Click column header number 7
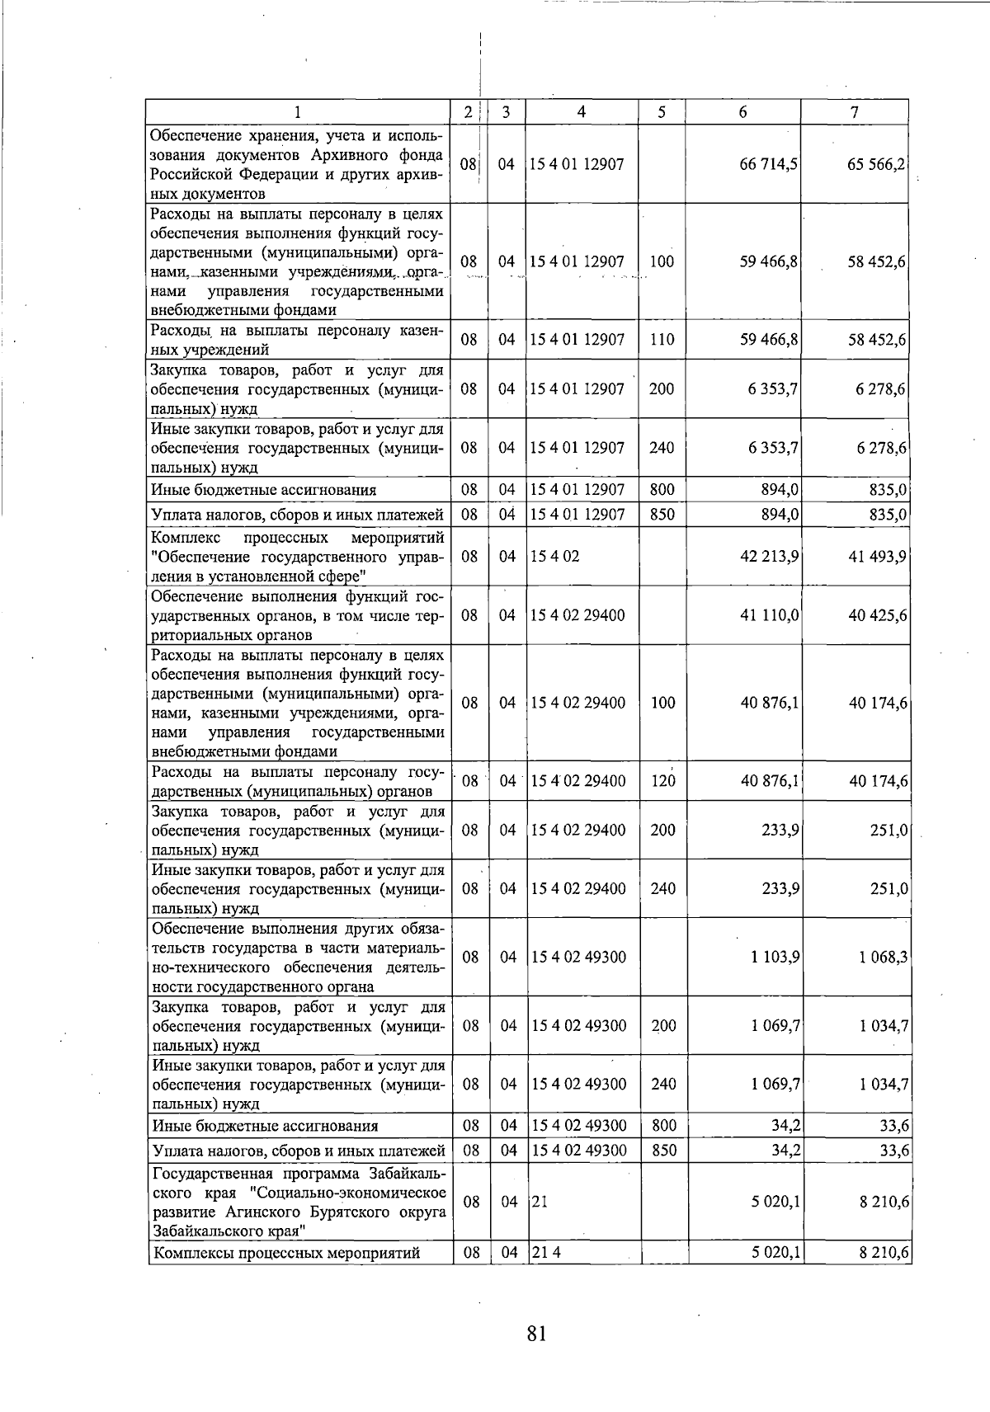click(855, 112)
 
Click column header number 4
click(581, 112)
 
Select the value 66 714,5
click(768, 164)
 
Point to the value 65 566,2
click(876, 164)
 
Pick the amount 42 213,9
click(769, 557)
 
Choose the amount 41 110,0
click(769, 615)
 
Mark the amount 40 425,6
click(878, 615)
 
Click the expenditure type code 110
click(662, 340)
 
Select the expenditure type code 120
click(663, 781)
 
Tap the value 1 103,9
click(775, 958)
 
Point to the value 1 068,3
click(884, 958)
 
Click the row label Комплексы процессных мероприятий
click(286, 1254)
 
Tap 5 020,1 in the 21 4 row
click(775, 1253)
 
